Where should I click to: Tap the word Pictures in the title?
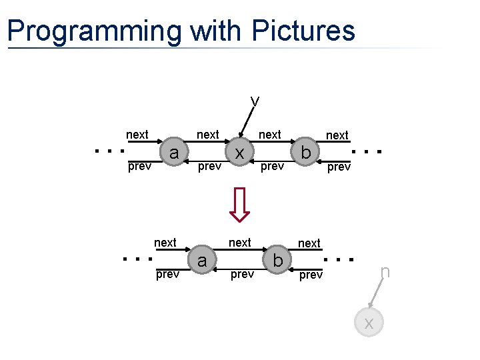[x=304, y=31]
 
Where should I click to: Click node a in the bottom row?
[x=202, y=260]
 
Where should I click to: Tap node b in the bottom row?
[x=277, y=260]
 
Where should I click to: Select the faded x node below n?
[x=369, y=323]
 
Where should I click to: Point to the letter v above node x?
[x=255, y=101]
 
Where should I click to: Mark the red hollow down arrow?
[x=239, y=204]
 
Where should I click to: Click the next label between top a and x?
[x=207, y=135]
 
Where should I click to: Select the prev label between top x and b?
[x=272, y=167]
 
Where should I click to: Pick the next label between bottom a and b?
[x=240, y=243]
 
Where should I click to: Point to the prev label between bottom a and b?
[x=241, y=275]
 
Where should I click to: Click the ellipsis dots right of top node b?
[x=367, y=151]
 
